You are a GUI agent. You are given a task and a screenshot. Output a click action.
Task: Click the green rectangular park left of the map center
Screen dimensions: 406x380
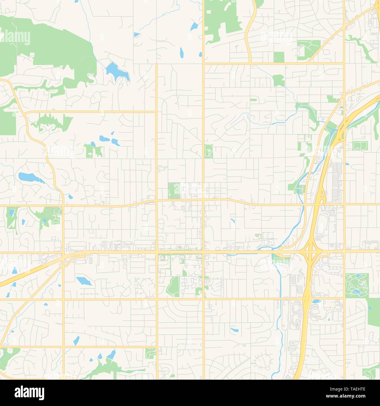174,190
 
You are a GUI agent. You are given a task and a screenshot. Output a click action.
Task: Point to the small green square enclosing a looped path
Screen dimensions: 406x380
360,146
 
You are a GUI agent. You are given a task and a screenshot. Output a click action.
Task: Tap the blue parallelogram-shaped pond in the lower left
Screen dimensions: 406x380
84,281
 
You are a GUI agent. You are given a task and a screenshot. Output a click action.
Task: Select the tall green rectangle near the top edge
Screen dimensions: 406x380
279,57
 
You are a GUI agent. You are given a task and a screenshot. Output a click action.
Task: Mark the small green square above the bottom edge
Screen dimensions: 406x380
151,354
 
